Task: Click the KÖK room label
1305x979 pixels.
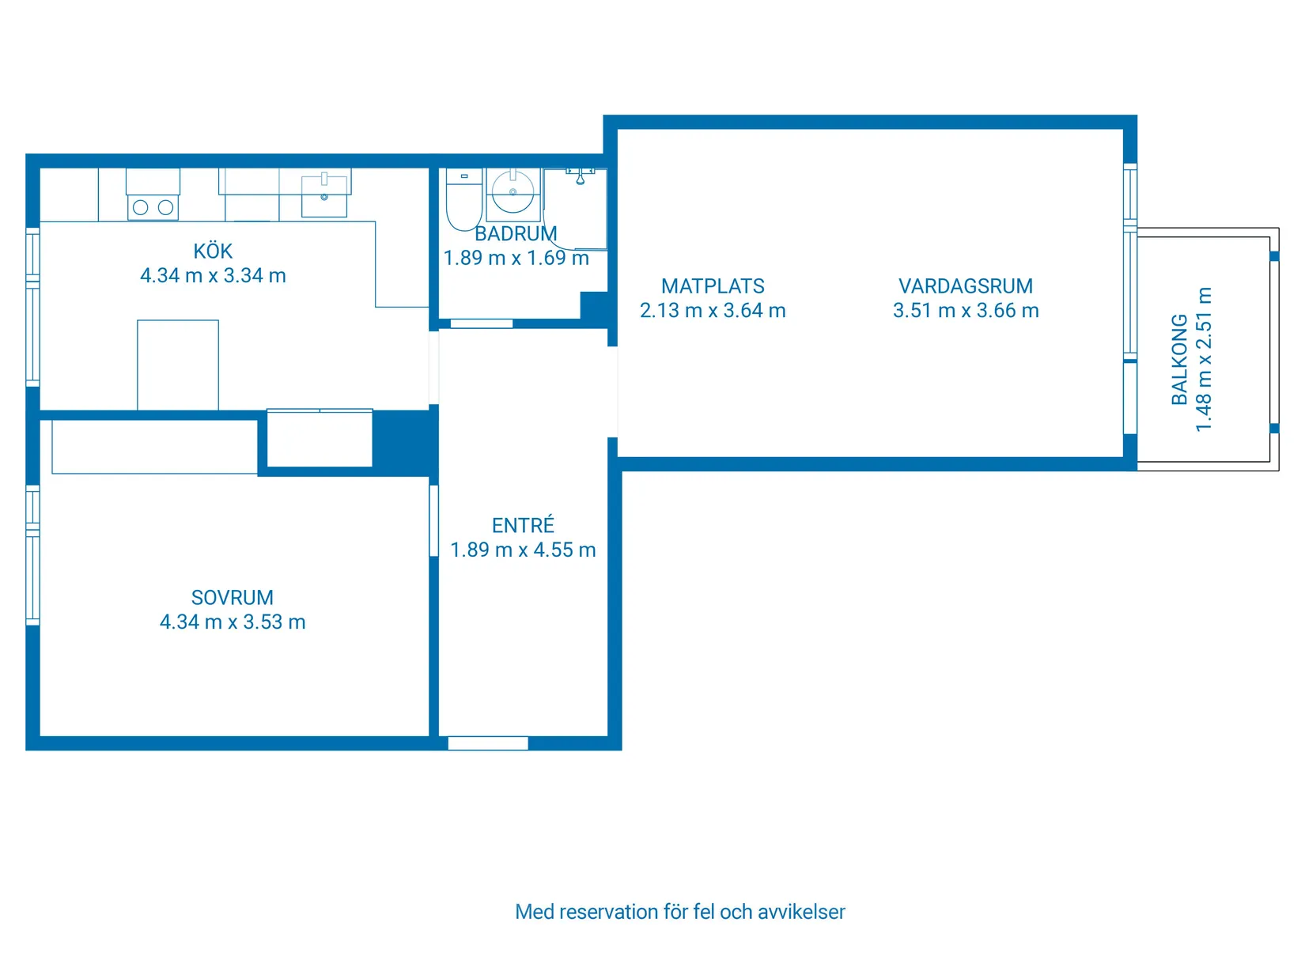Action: (x=212, y=251)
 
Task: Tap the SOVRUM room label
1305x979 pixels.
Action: (x=232, y=597)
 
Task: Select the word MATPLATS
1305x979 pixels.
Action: (x=713, y=286)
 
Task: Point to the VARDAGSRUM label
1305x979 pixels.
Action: (x=965, y=286)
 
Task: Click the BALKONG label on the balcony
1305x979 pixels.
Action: (x=1179, y=359)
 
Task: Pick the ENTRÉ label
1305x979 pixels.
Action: (x=523, y=525)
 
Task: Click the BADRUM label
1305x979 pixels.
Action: (x=516, y=233)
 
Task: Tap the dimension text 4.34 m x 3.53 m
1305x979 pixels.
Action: (x=233, y=621)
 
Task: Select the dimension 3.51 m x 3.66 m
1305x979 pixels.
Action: (x=966, y=310)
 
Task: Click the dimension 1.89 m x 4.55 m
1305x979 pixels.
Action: (x=523, y=550)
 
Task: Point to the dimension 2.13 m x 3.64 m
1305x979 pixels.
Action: (x=713, y=310)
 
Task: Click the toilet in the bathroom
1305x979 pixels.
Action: (x=463, y=198)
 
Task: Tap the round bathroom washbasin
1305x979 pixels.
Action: (x=513, y=191)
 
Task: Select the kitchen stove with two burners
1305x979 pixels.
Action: (x=153, y=207)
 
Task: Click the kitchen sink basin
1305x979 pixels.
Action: (x=324, y=196)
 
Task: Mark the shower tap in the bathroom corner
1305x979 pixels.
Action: (x=581, y=176)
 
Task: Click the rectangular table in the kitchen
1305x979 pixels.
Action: (x=178, y=365)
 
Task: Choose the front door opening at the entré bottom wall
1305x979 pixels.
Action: (x=487, y=743)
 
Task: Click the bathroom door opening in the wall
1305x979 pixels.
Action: (x=481, y=323)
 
